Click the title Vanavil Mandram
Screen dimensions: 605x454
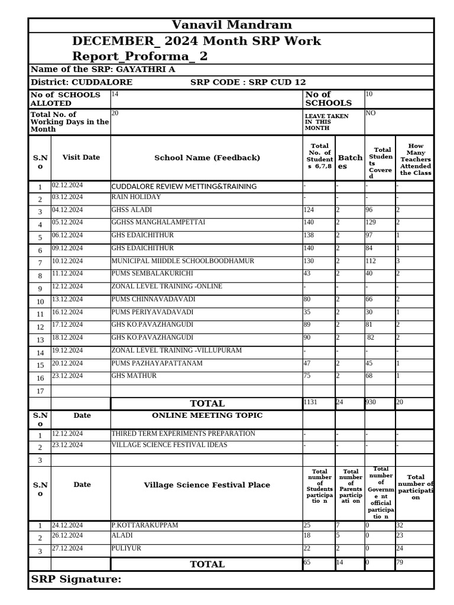pyautogui.click(x=231, y=25)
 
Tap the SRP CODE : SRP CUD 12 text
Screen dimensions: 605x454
pyautogui.click(x=248, y=82)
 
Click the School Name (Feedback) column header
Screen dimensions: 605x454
pyautogui.click(x=207, y=158)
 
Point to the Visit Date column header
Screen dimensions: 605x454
pyautogui.click(x=81, y=158)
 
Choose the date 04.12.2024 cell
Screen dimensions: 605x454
pyautogui.click(x=67, y=210)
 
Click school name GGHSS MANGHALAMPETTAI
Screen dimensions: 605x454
pyautogui.click(x=158, y=223)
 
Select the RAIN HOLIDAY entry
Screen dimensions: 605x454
pyautogui.click(x=136, y=197)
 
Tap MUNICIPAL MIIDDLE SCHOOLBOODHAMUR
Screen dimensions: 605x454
pyautogui.click(x=183, y=261)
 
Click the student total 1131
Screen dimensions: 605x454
pyautogui.click(x=310, y=402)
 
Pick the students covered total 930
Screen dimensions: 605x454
pyautogui.click(x=371, y=402)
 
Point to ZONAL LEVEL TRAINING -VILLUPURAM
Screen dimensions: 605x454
pyautogui.click(x=177, y=351)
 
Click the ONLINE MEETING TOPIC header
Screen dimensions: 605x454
pyautogui.click(x=207, y=415)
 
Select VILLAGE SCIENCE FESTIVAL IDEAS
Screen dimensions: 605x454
pyautogui.click(x=169, y=445)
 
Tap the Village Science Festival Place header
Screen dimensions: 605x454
pyautogui.click(x=207, y=485)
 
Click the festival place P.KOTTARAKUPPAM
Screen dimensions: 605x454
pyautogui.click(x=145, y=525)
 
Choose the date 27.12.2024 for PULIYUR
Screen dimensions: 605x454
pyautogui.click(x=67, y=548)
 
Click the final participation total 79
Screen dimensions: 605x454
pyautogui.click(x=400, y=562)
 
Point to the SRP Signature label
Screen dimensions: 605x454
pyautogui.click(x=76, y=580)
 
